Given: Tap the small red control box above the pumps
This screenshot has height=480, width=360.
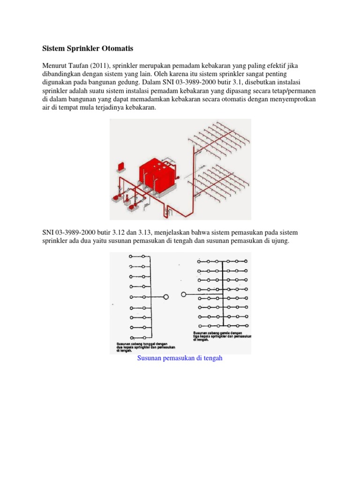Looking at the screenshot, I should (120, 166).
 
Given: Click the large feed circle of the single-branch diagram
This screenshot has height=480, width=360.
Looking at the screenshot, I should (165, 297).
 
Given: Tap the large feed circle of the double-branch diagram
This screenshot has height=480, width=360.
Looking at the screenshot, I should (184, 294).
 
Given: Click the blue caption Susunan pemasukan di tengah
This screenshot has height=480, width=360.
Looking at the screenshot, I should (180, 359).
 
